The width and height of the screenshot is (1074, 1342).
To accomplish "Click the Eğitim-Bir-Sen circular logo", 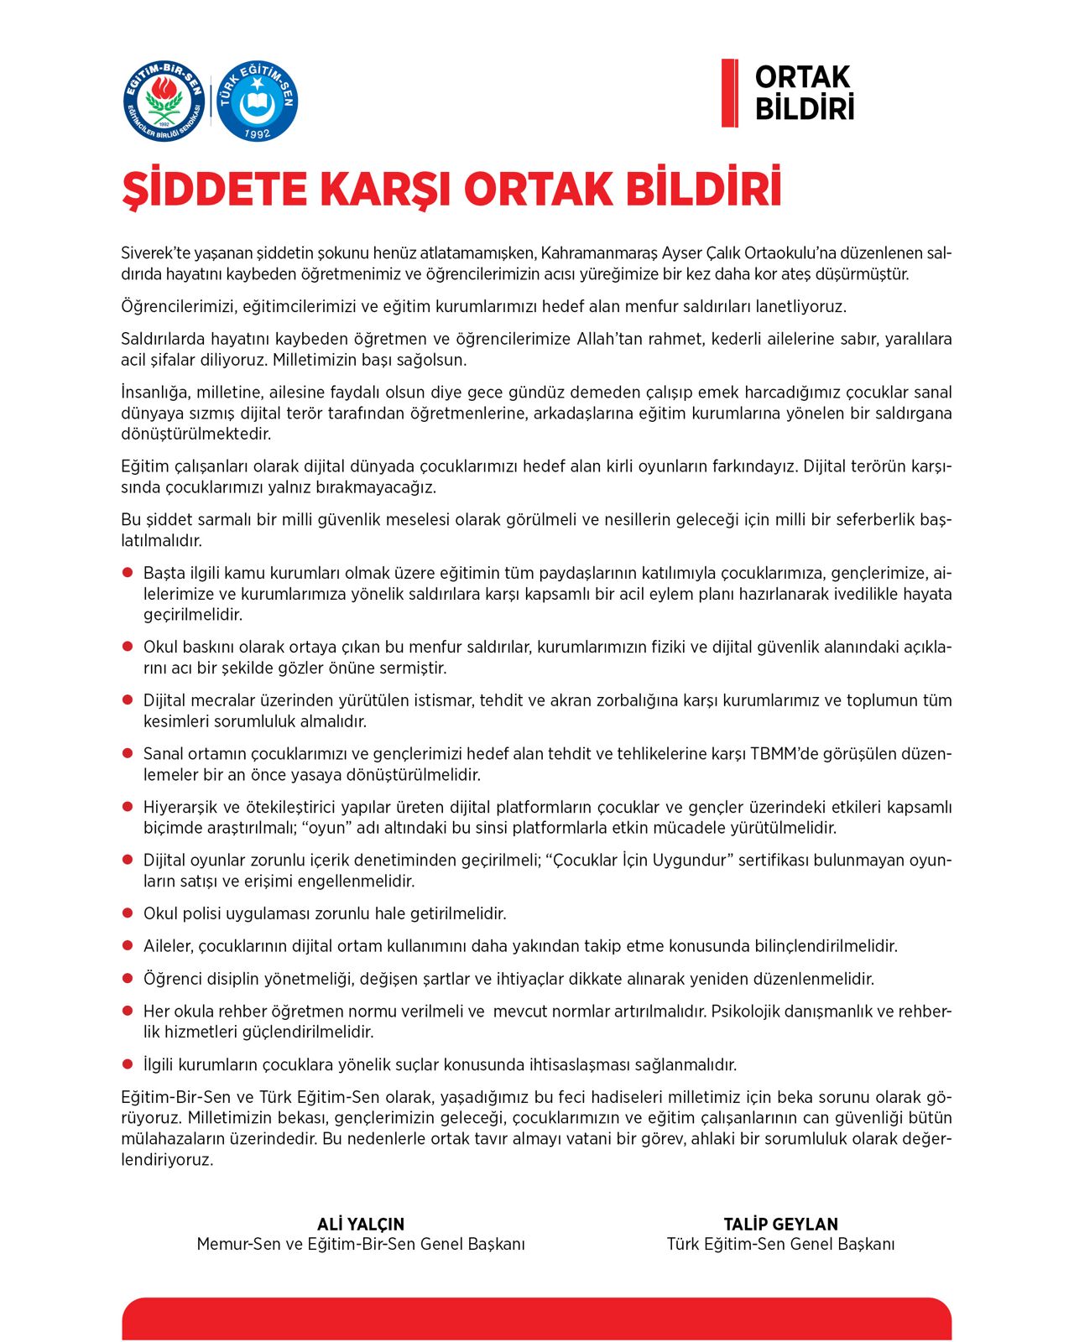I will (164, 101).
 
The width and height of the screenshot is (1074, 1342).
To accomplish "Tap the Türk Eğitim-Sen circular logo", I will (257, 101).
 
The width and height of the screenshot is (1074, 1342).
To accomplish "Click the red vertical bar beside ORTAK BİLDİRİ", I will (729, 92).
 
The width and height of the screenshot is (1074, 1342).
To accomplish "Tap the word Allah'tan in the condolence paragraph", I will (612, 339).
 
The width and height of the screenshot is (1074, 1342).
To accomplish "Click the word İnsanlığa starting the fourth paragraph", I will (156, 393).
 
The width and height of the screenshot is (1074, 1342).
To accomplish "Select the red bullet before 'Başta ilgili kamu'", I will (128, 573).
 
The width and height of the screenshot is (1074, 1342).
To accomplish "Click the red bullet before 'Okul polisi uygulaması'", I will (128, 913).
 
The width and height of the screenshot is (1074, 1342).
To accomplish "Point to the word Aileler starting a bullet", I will (168, 946).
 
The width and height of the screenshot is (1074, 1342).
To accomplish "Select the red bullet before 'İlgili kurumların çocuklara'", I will (128, 1064).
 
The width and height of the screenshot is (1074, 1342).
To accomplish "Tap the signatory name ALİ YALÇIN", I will (361, 1224).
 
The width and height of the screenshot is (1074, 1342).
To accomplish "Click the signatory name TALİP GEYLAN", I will (780, 1224).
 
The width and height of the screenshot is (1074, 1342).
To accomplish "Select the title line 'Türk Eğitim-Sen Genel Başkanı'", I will (780, 1244).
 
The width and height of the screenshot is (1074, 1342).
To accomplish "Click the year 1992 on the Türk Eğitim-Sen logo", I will (257, 133).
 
